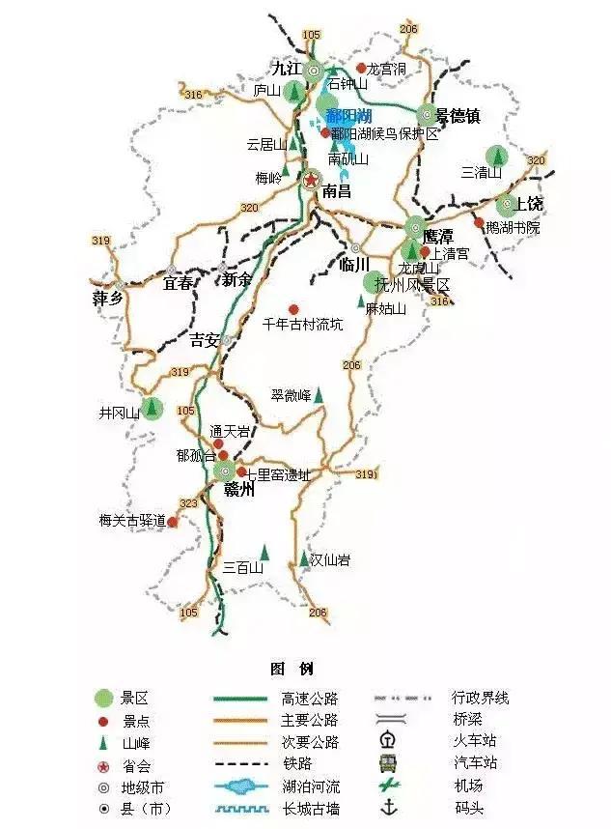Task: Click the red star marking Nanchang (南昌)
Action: click(311, 180)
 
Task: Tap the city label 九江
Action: click(286, 68)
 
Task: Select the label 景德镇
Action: click(458, 116)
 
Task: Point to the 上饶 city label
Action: click(530, 204)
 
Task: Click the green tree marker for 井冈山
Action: click(150, 409)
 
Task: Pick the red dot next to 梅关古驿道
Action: click(173, 522)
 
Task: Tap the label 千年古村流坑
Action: click(302, 325)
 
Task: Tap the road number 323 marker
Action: click(188, 503)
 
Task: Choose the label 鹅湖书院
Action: click(514, 228)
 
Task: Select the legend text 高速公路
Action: click(310, 698)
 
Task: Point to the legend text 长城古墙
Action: click(310, 809)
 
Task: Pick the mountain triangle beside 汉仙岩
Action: click(302, 558)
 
